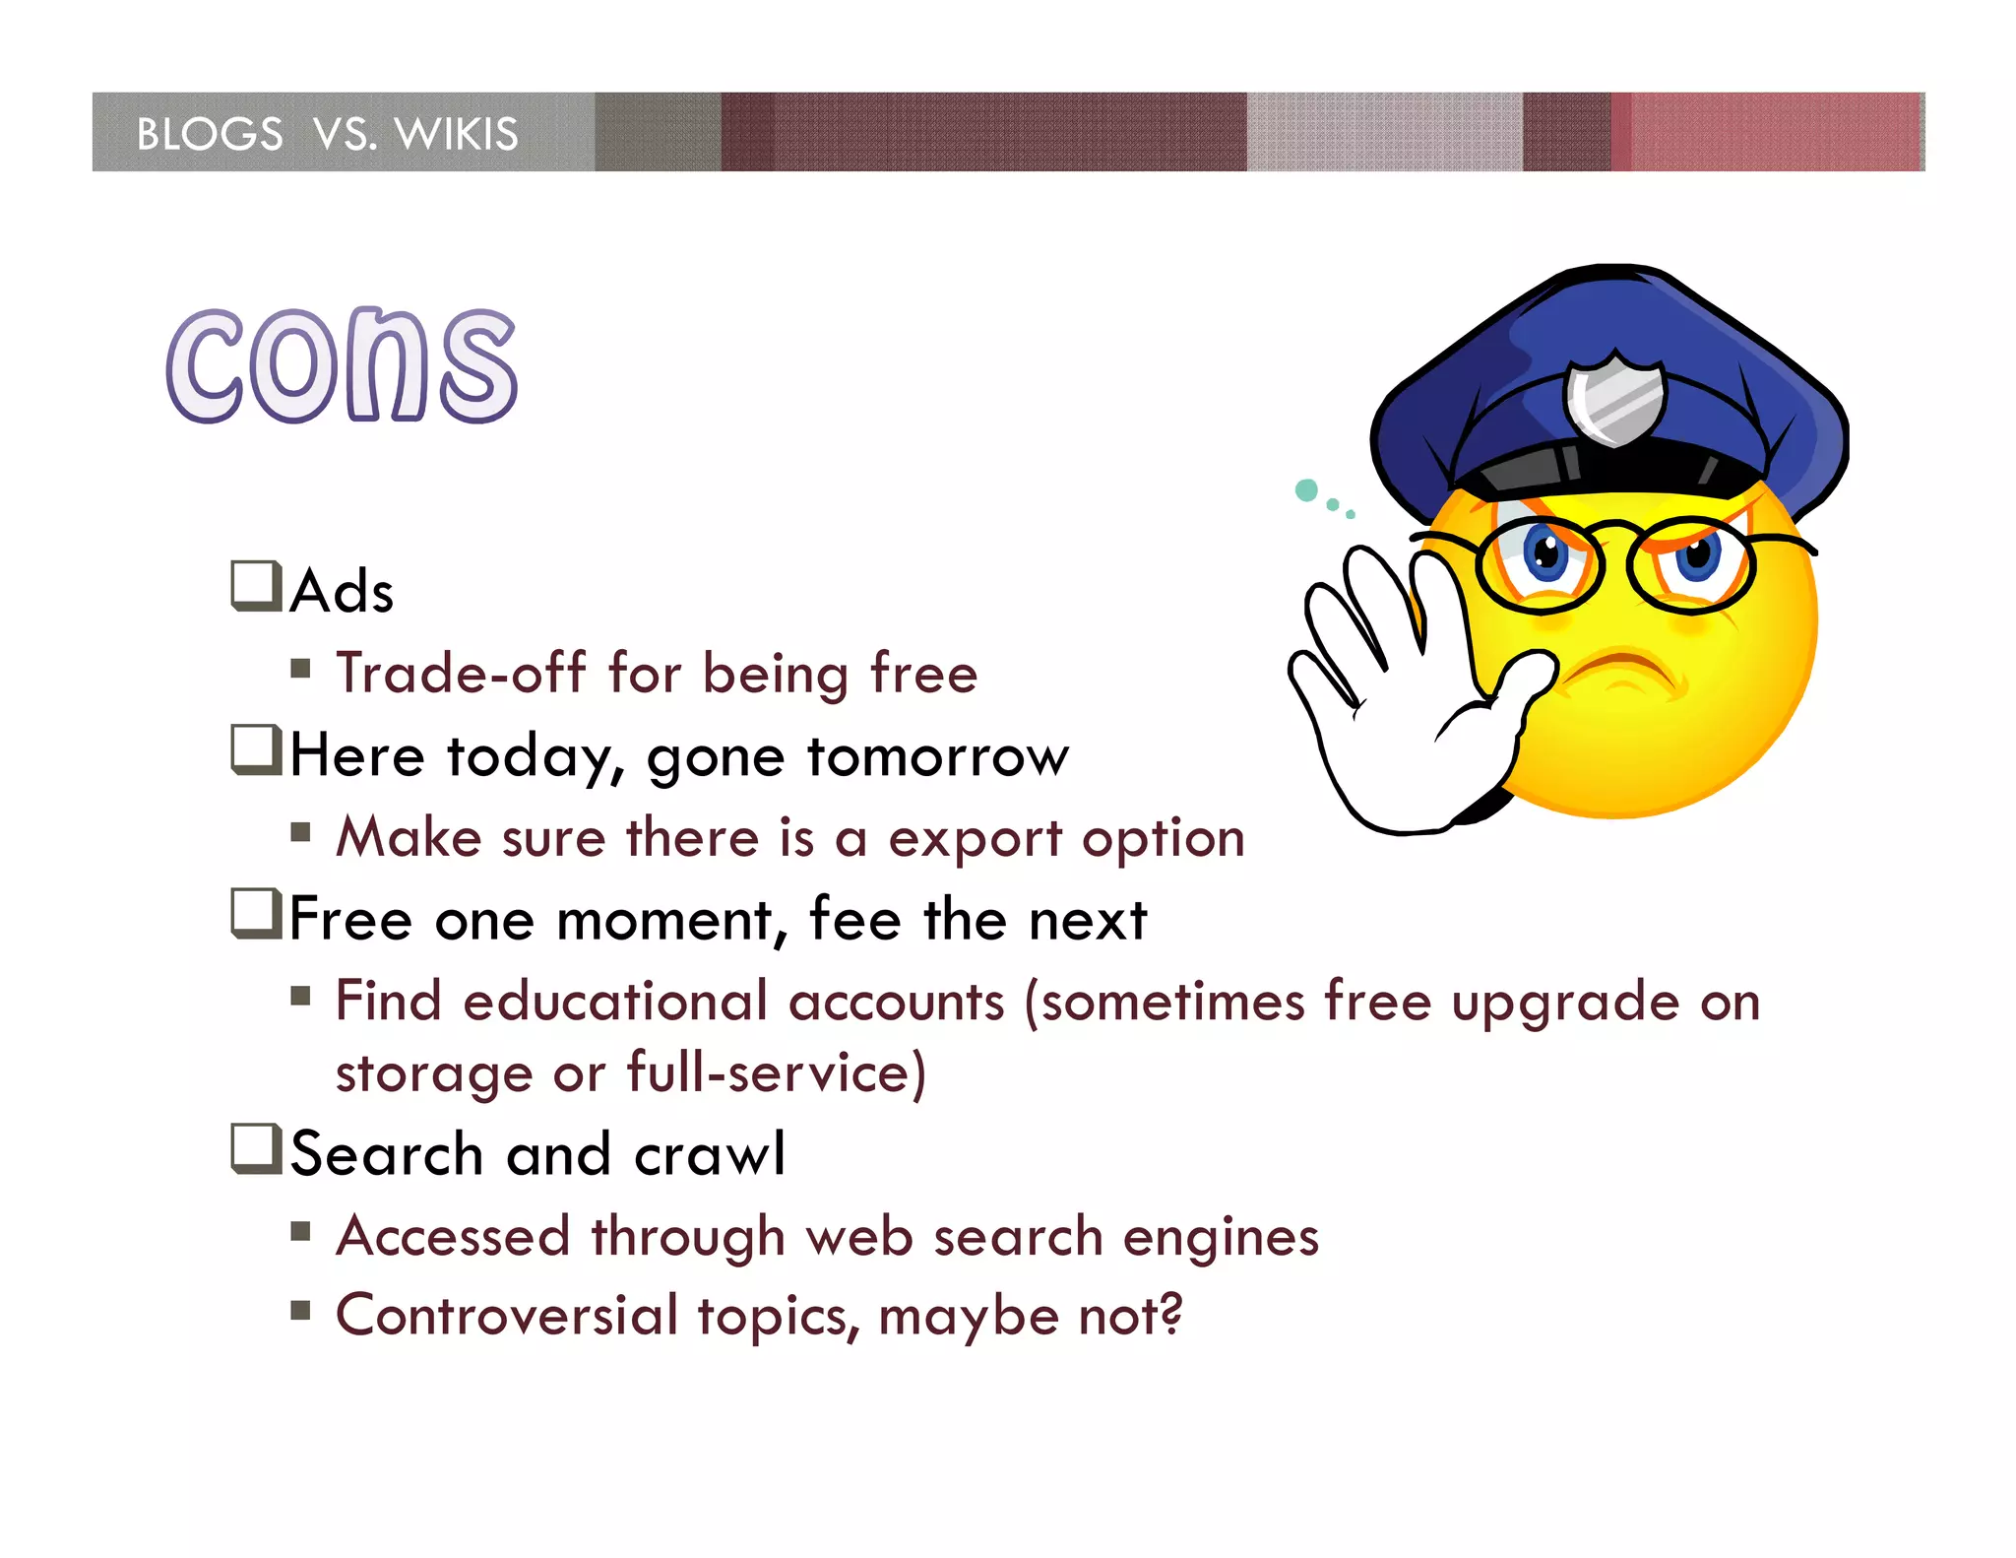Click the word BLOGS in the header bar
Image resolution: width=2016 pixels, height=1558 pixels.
click(210, 134)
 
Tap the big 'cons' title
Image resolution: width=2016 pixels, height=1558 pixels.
click(342, 365)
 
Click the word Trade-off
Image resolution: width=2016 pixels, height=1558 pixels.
click(461, 674)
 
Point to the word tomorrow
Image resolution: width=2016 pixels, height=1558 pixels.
click(937, 756)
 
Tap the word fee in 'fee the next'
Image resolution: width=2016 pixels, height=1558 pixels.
click(854, 920)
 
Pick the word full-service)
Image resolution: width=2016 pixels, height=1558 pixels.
click(777, 1073)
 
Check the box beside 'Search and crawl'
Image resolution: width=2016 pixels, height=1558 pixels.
click(256, 1148)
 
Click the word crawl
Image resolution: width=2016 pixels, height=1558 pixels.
click(710, 1154)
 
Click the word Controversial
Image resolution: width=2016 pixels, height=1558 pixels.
click(507, 1316)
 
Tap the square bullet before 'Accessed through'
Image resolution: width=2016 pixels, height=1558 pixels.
click(300, 1231)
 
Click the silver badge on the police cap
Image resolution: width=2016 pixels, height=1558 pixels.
click(1614, 399)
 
